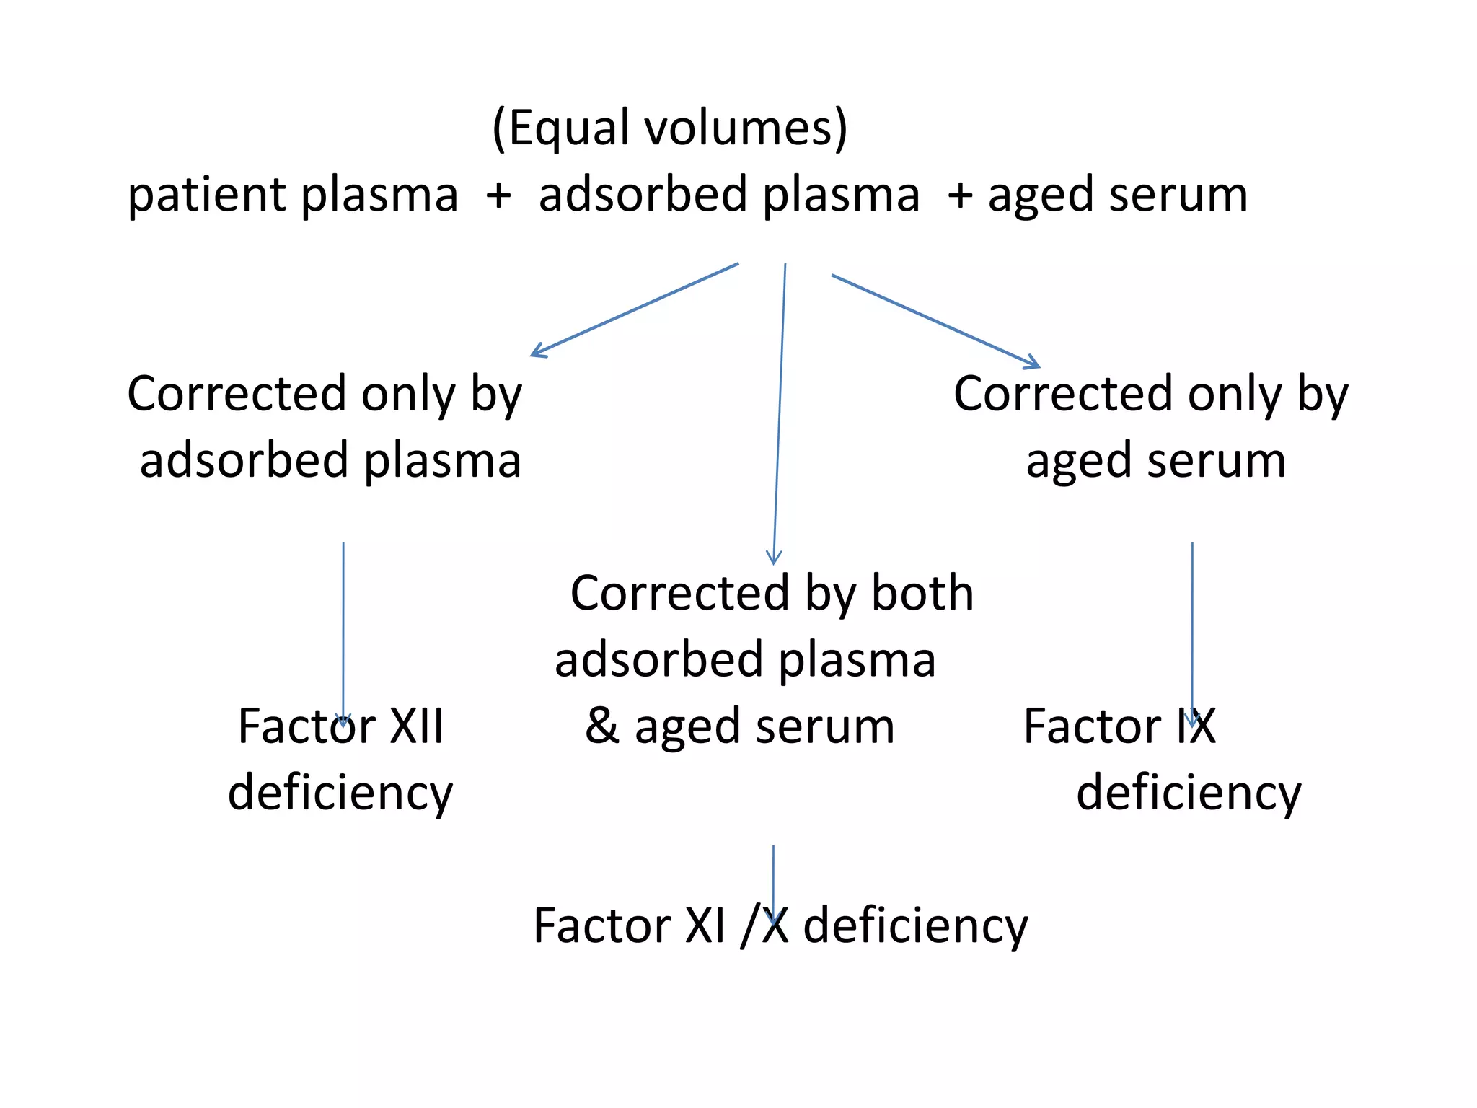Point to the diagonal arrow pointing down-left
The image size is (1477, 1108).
pyautogui.click(x=635, y=309)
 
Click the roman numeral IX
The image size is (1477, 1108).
pyautogui.click(x=1196, y=726)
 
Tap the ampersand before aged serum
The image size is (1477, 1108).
pyautogui.click(x=601, y=726)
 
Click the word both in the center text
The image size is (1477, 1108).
pyautogui.click(x=922, y=594)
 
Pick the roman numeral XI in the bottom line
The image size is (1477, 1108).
pyautogui.click(x=705, y=926)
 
